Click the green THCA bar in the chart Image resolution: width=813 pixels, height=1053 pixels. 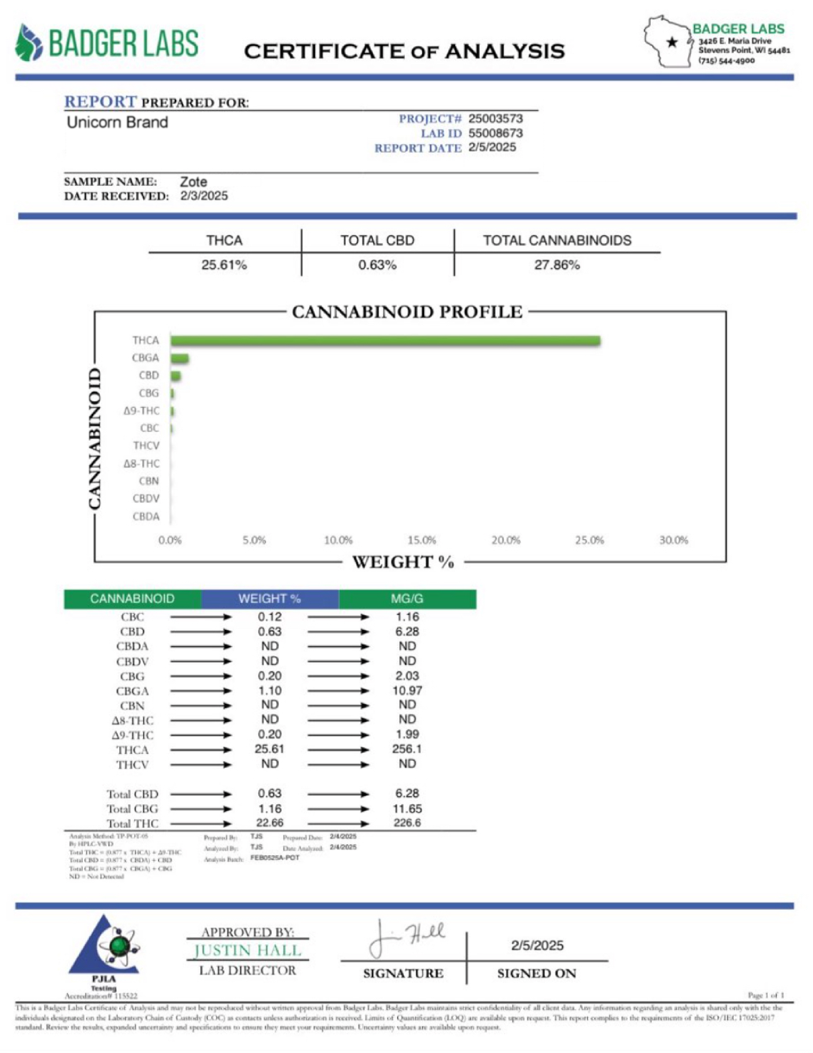385,341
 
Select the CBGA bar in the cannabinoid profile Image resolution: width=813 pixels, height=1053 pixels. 179,359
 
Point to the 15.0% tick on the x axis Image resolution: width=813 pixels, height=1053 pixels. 422,541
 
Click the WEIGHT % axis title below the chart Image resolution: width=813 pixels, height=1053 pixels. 403,562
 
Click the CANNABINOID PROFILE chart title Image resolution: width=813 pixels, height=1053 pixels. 407,312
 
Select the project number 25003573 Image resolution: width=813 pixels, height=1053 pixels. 495,119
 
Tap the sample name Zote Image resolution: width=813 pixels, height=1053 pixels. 194,182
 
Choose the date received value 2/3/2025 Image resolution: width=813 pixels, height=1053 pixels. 204,196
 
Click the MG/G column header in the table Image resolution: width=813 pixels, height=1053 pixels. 407,599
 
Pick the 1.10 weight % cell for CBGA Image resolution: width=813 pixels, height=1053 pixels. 270,691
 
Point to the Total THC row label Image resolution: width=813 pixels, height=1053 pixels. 132,824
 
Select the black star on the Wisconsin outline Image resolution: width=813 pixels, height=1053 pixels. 672,42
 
